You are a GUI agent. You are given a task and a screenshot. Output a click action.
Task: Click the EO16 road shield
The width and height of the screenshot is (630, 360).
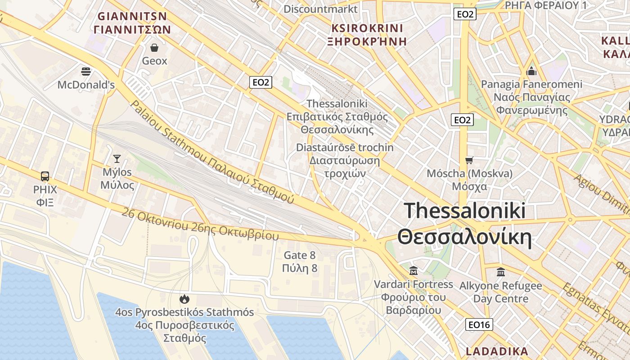coord(479,324)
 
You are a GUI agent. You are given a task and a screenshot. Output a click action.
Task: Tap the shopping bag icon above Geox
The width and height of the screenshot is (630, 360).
coord(154,48)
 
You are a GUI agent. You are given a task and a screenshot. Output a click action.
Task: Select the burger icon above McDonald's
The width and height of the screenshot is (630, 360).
coord(86,71)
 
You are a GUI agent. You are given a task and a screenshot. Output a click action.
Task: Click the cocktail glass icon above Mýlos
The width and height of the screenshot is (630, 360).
coord(117,158)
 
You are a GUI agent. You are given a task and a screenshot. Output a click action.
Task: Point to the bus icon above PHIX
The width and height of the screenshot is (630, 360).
coord(45,176)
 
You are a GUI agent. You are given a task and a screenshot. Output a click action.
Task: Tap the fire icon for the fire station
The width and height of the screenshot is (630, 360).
coord(184,299)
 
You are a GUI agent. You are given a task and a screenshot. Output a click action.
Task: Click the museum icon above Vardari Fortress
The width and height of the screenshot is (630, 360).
coord(414,271)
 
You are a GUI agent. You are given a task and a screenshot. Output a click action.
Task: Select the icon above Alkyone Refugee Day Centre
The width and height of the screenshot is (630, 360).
coord(500,272)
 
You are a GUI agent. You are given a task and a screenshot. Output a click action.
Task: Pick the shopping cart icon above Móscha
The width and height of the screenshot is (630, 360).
coord(469,160)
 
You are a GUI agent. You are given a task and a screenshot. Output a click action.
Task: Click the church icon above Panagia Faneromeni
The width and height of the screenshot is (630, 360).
coord(531,71)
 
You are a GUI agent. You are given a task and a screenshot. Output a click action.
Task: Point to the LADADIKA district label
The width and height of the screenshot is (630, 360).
coord(497,351)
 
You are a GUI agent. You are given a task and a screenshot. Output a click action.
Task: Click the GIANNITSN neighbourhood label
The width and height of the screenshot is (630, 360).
coord(132,17)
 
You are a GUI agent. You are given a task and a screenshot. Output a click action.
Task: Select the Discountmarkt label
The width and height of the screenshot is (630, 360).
coord(320,9)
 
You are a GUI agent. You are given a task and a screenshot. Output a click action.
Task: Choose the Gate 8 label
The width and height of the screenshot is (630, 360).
coord(299,256)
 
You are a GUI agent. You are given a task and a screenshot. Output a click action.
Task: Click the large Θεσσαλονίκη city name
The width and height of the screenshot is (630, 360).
coord(464,237)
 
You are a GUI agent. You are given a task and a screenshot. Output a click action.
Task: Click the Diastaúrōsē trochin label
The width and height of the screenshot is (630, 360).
coord(345,148)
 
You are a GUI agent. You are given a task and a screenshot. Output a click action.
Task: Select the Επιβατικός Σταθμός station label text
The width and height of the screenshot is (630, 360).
coord(337,117)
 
